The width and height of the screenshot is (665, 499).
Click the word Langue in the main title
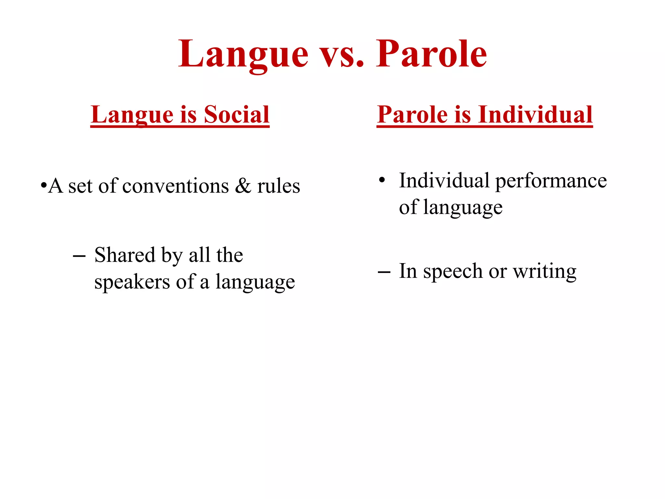[244, 54]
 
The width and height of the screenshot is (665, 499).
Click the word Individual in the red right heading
[535, 115]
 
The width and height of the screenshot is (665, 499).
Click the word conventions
[176, 186]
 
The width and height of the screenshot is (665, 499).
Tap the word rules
[279, 186]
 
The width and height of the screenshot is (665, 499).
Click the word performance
[551, 181]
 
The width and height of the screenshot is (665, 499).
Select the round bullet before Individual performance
[382, 180]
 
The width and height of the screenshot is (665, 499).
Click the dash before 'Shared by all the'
[79, 256]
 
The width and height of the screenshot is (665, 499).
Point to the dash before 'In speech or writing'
[384, 272]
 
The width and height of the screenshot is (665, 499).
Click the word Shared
[125, 255]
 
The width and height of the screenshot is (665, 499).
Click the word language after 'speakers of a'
[255, 282]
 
